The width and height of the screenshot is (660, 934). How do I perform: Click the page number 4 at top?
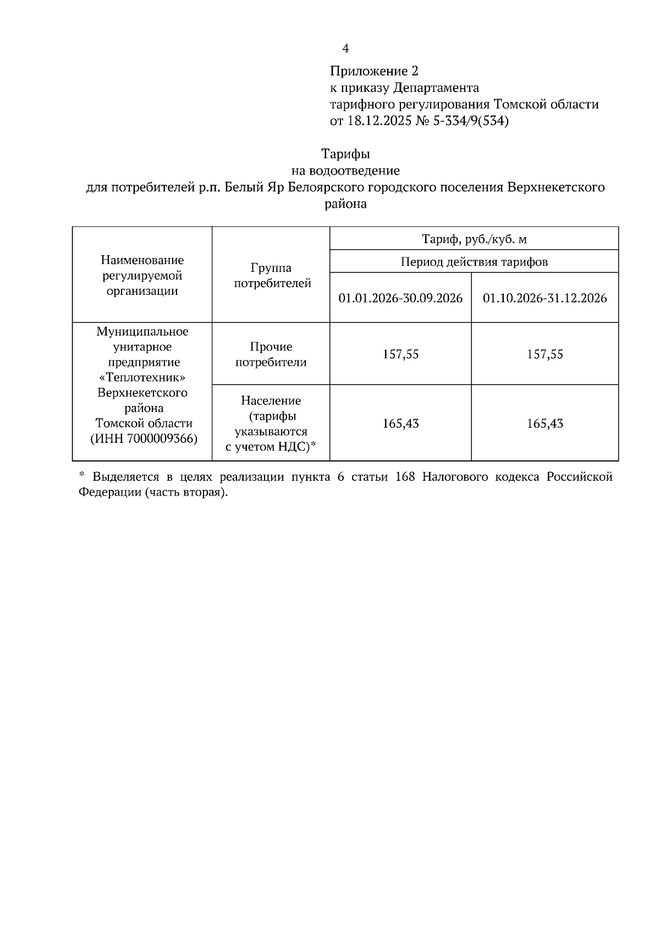345,48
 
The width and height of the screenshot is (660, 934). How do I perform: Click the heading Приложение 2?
374,71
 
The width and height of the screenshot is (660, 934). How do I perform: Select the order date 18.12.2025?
379,121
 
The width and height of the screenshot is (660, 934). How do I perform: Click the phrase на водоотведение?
345,171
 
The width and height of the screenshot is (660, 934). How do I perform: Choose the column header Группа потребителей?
271,276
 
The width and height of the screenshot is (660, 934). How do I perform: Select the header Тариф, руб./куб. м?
474,239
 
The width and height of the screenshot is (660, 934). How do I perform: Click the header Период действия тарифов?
474,262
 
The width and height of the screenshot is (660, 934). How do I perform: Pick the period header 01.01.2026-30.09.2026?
400,298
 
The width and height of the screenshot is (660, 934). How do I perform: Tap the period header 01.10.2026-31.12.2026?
545,298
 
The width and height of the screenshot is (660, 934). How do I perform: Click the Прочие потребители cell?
271,354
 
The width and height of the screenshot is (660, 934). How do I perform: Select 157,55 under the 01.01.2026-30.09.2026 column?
400,354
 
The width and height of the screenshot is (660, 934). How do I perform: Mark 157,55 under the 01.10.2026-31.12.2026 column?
545,354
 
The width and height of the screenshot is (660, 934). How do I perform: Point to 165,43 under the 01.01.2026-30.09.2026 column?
400,424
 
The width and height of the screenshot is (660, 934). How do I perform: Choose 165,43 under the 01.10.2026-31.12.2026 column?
545,424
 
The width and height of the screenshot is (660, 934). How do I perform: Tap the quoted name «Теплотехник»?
142,378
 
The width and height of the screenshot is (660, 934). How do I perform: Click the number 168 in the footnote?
404,477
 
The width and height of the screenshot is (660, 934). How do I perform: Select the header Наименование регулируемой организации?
142,276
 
